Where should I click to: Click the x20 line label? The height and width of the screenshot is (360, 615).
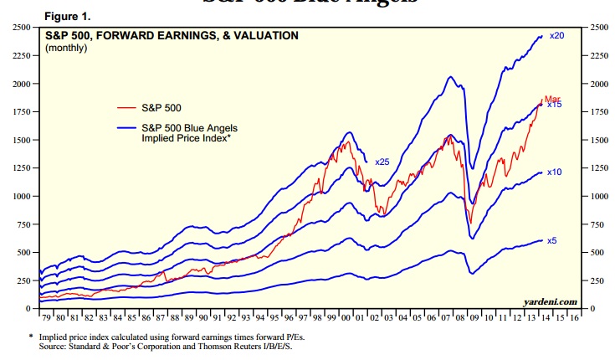(556, 36)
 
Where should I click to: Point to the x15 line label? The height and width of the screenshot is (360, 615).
(554, 105)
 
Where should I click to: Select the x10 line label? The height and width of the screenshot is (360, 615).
(554, 172)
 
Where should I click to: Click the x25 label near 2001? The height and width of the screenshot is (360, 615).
(382, 161)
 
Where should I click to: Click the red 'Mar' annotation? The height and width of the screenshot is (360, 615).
(553, 98)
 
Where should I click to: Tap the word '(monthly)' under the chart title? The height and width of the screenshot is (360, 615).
(66, 49)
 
